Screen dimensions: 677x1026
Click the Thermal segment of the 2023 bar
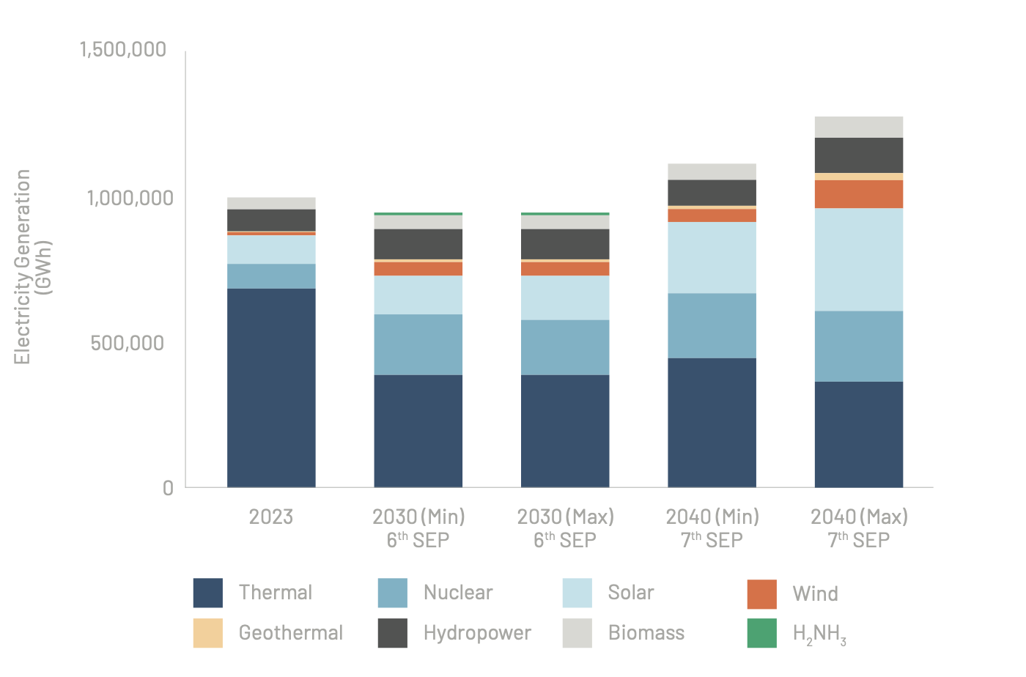coord(271,388)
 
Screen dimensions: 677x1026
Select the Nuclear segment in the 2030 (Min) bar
coord(418,344)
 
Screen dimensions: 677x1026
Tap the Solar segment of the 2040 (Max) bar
coord(858,259)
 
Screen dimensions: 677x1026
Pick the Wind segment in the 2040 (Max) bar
coord(858,194)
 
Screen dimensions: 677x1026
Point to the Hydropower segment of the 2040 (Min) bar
coord(712,192)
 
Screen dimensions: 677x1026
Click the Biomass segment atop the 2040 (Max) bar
coord(858,127)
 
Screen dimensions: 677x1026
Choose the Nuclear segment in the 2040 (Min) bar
coord(712,325)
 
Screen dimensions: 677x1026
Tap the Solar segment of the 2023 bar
coord(271,249)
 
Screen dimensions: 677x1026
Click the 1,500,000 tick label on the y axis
coord(123,50)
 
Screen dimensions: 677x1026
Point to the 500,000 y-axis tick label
coord(128,343)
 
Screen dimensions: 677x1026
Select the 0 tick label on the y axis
coord(169,488)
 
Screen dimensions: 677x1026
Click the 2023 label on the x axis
coord(271,517)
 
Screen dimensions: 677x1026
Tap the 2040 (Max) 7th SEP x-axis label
coord(859,528)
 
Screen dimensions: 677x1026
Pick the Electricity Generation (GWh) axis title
coord(33,267)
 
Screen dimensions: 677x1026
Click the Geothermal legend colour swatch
coord(208,633)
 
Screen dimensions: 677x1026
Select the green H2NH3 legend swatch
coord(761,633)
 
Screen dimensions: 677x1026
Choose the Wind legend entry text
coord(815,593)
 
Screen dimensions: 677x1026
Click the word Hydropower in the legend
coord(477,633)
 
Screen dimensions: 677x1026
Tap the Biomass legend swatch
coord(577,633)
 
